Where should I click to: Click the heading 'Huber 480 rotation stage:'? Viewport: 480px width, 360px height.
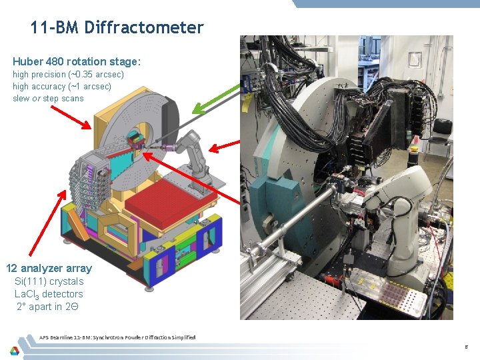[77, 61]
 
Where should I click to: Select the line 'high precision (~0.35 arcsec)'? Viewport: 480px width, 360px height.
[68, 74]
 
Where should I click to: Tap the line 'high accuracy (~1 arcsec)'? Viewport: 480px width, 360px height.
[62, 86]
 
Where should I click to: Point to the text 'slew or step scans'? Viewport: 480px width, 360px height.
[48, 98]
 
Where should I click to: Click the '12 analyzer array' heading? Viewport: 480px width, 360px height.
[49, 268]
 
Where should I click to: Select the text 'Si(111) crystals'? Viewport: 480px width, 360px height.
[49, 281]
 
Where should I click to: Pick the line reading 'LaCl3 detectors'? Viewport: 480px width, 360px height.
[49, 294]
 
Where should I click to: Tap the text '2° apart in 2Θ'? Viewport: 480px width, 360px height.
[49, 307]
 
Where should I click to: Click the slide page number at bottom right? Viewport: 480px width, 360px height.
[467, 347]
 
